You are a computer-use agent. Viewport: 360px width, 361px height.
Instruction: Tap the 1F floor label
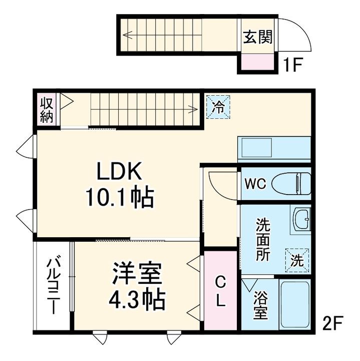pyautogui.click(x=294, y=66)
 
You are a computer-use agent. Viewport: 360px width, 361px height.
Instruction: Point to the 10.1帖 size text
pyautogui.click(x=120, y=198)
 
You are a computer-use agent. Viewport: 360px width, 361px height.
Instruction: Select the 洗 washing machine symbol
pyautogui.click(x=297, y=260)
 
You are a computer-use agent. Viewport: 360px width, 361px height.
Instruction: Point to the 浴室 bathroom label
pyautogui.click(x=260, y=306)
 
